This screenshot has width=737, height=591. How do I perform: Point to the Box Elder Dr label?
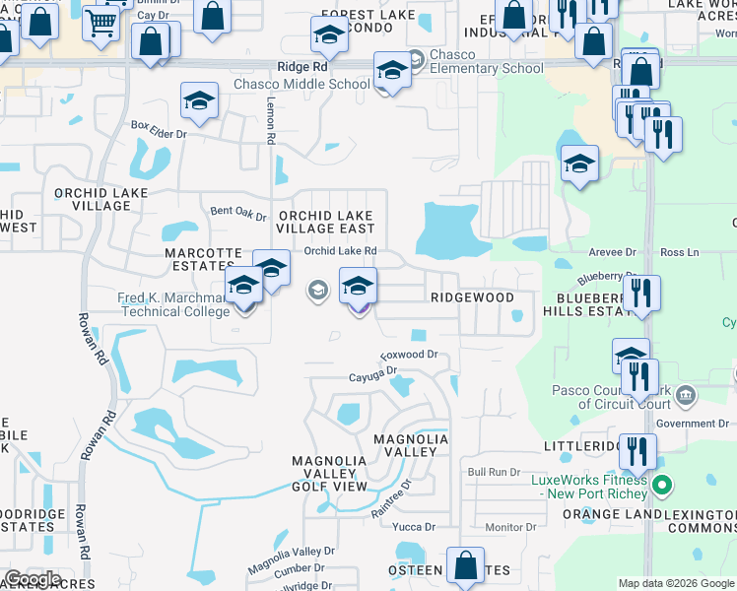(159, 127)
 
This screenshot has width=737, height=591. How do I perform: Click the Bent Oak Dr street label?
(239, 212)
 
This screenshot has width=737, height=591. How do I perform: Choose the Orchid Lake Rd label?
(341, 251)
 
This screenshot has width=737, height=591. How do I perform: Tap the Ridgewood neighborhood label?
(472, 296)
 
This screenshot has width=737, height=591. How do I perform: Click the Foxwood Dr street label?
(409, 355)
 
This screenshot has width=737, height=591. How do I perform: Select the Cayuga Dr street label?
(371, 373)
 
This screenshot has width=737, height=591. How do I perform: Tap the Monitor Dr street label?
(509, 527)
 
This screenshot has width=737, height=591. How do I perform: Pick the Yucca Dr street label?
(407, 527)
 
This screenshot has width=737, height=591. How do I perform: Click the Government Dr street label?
(692, 424)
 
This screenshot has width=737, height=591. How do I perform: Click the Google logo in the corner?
(33, 579)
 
